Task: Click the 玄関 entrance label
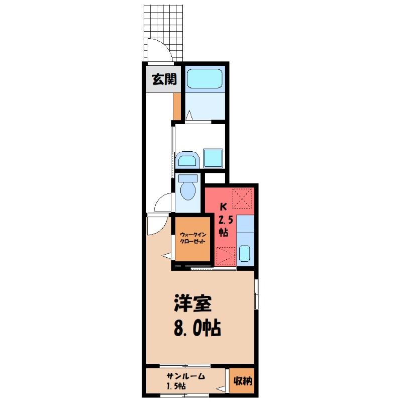click(x=164, y=79)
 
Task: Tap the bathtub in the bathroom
click(x=205, y=78)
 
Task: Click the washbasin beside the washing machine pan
click(x=187, y=159)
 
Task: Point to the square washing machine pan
click(x=213, y=158)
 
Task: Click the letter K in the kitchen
click(x=224, y=207)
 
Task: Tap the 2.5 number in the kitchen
click(x=226, y=220)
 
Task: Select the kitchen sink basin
click(x=245, y=253)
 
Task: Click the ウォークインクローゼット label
click(x=193, y=238)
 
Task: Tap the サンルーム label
click(x=186, y=376)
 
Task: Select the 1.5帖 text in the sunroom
click(x=176, y=386)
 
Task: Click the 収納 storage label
click(x=243, y=381)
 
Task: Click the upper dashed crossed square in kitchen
click(x=242, y=198)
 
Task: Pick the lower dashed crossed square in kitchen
click(x=226, y=255)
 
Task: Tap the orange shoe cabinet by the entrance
click(x=177, y=106)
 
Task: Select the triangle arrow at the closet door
click(x=166, y=256)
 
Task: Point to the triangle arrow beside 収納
click(x=221, y=389)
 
